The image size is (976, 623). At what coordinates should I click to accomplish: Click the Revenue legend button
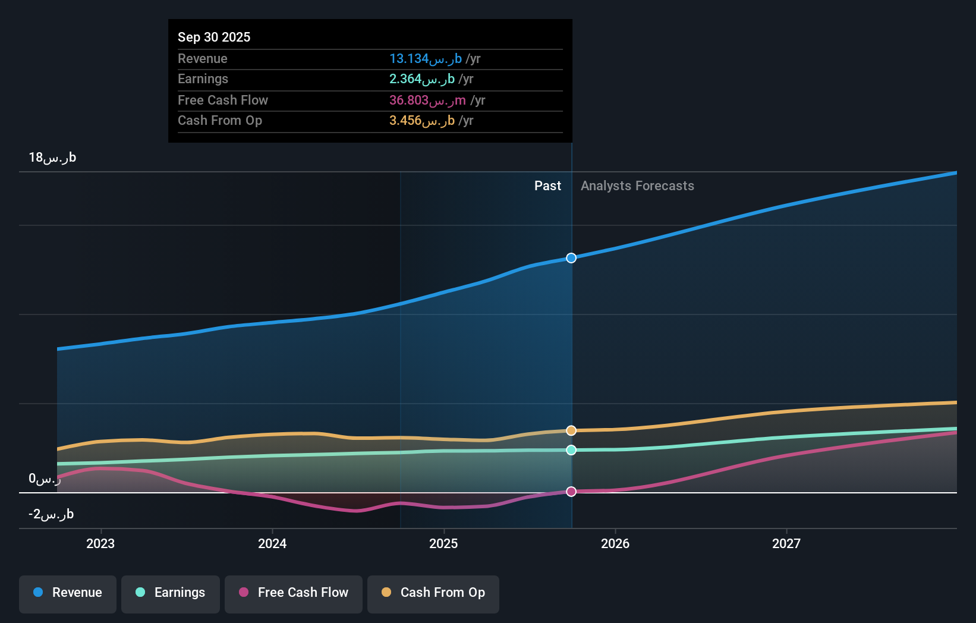tap(68, 593)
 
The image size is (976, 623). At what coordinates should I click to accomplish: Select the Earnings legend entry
tap(171, 593)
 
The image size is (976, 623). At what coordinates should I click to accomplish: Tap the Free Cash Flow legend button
tap(294, 593)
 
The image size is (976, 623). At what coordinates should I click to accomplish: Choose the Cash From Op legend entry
tap(433, 593)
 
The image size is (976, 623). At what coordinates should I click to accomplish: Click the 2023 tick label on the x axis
tap(100, 543)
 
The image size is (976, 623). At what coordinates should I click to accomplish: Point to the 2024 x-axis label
tap(272, 543)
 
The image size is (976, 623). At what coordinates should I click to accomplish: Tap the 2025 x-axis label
tap(443, 543)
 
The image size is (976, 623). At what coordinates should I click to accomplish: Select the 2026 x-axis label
tap(615, 543)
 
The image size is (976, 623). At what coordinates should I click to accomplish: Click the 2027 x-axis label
tap(786, 543)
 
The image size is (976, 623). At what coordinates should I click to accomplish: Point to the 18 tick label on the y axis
tap(52, 158)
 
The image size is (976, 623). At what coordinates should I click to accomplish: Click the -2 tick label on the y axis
tap(51, 514)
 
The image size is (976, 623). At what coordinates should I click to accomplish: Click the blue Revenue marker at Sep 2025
tap(571, 258)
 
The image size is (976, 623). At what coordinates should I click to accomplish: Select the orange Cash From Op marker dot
tap(571, 430)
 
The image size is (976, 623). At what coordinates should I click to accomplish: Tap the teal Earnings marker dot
tap(571, 450)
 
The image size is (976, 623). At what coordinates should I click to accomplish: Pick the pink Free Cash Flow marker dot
tap(571, 492)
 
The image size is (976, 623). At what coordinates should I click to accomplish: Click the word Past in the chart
tap(547, 186)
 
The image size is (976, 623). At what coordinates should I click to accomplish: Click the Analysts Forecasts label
tap(637, 186)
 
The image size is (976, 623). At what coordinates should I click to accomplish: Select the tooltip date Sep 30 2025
tap(214, 37)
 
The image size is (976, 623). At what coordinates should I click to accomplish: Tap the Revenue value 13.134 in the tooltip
tap(426, 59)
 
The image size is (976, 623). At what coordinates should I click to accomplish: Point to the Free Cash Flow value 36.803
tap(427, 100)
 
